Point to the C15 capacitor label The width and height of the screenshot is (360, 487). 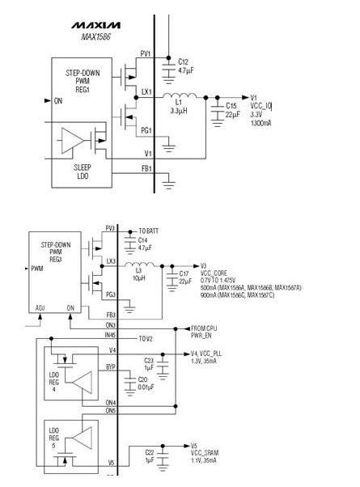click(231, 106)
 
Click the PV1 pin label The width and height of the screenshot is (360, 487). click(146, 54)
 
